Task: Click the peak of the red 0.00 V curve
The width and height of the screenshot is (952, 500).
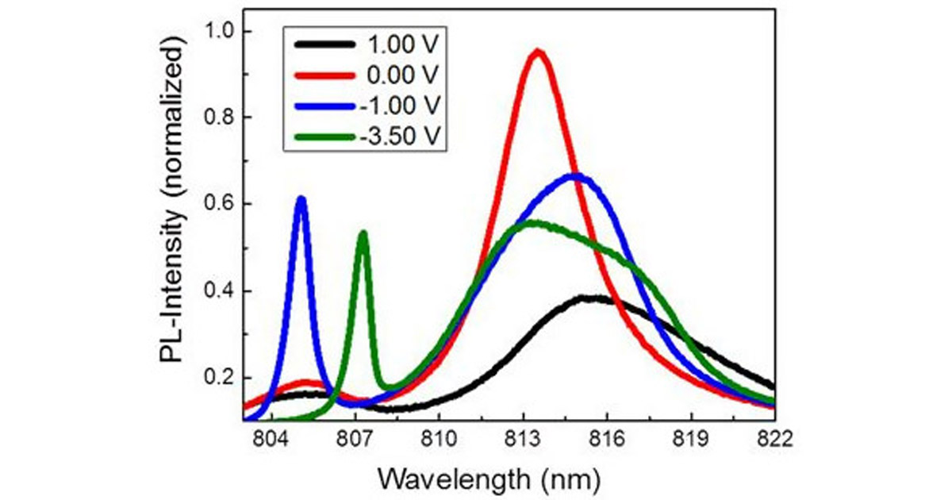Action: [539, 53]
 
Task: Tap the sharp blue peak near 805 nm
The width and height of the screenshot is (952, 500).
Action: [301, 198]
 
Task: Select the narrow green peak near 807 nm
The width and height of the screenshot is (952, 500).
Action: [363, 233]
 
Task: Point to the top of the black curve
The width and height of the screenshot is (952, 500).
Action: [592, 298]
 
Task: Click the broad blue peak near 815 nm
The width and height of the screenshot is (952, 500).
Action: [577, 176]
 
